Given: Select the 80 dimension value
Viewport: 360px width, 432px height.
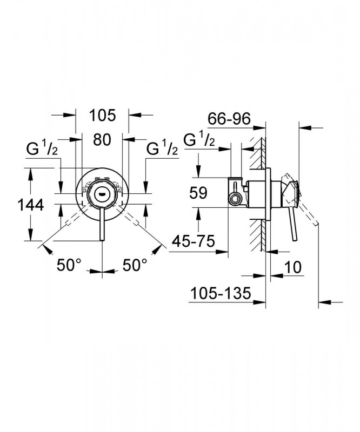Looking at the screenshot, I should click(x=102, y=140).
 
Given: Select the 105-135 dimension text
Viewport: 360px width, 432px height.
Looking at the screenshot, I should click(x=222, y=294).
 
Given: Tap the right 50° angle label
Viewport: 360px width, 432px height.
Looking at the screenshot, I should click(x=134, y=265).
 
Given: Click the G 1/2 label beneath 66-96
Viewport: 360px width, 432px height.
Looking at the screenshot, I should click(x=199, y=140).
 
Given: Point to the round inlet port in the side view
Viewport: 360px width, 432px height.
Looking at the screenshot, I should click(x=235, y=198).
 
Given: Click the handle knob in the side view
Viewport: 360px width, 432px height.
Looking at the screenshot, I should click(x=291, y=188).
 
